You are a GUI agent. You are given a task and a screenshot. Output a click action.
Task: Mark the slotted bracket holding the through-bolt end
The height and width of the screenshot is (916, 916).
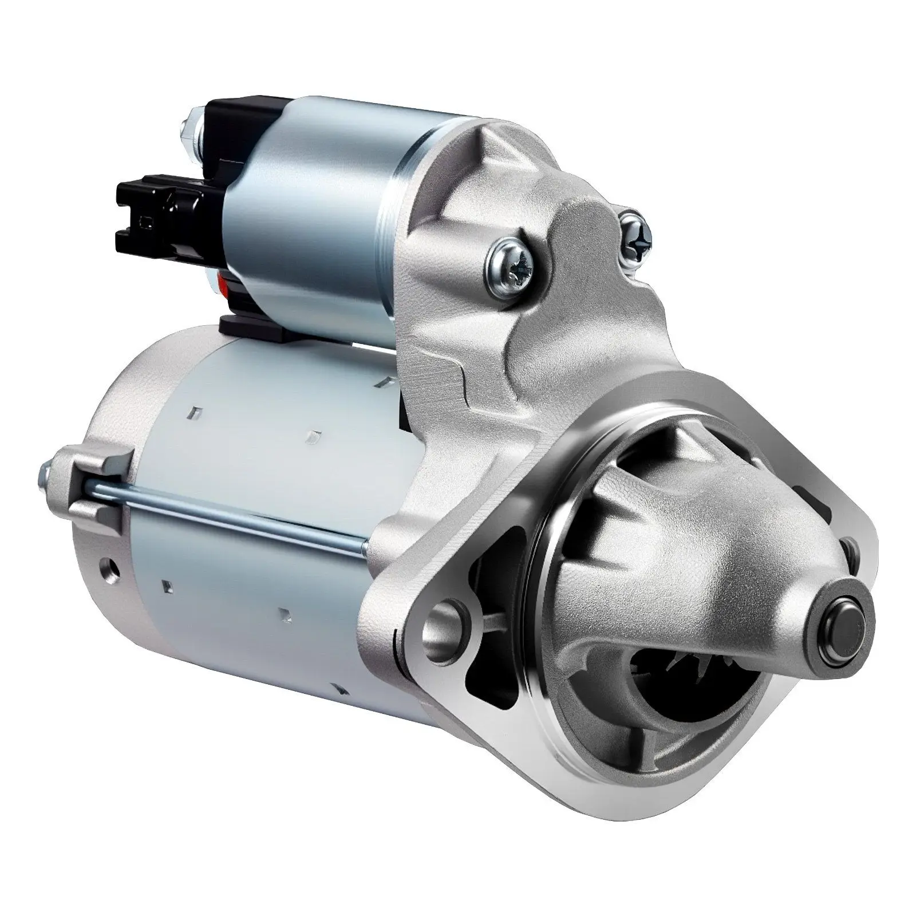(94, 481)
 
